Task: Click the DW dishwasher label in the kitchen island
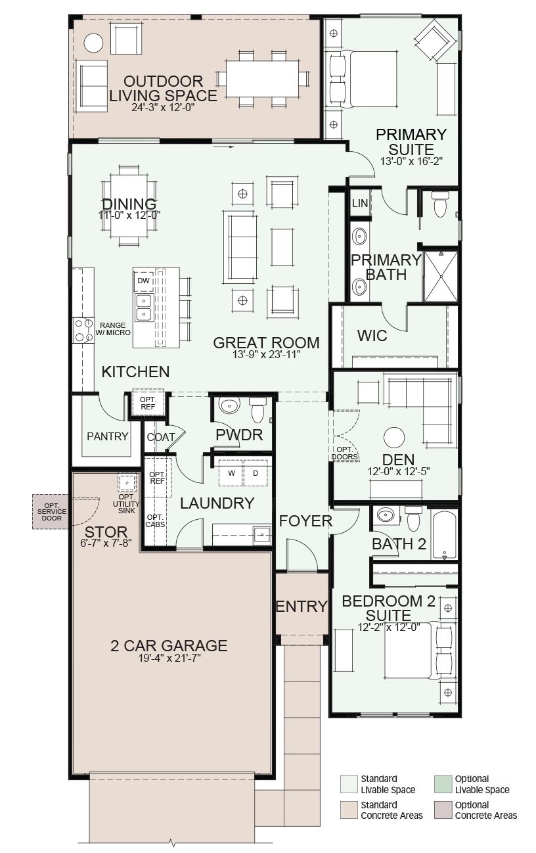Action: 143,281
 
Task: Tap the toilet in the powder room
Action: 257,410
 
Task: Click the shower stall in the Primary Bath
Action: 441,276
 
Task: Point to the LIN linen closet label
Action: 360,203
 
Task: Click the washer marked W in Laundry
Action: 231,473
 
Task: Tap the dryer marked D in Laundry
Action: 256,473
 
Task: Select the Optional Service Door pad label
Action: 51,512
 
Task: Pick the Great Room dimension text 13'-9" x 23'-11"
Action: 267,354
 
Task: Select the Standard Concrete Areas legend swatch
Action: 349,810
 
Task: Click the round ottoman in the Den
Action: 394,438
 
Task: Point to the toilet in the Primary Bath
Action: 439,204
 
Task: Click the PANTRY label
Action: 107,436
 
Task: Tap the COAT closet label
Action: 161,437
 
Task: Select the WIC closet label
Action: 372,336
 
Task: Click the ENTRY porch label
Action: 301,606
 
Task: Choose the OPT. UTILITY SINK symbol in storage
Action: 126,483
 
